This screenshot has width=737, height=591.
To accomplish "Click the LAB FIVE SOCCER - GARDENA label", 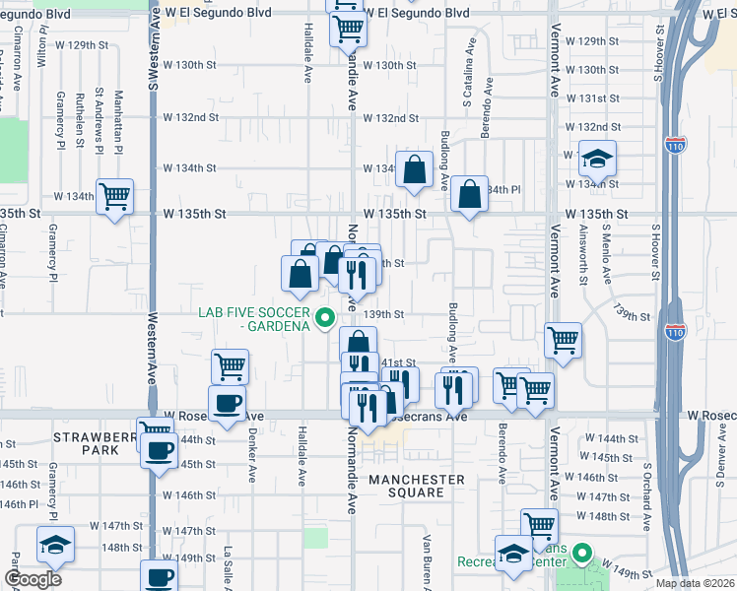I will click(x=254, y=319).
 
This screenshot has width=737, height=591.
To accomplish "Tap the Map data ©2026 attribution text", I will click(x=694, y=583).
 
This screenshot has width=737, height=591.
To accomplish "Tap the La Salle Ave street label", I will click(x=228, y=567).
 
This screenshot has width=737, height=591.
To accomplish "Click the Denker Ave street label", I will click(x=252, y=455).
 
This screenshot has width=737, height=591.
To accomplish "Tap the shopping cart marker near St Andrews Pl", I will click(x=115, y=197).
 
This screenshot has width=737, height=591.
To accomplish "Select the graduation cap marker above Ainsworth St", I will click(x=596, y=158).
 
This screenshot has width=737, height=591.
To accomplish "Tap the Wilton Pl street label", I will click(x=42, y=43).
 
